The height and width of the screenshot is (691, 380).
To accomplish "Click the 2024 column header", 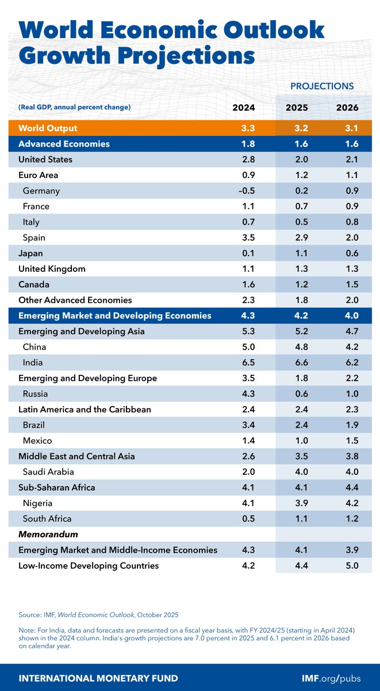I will click(243, 108).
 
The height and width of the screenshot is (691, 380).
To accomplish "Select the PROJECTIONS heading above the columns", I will click(321, 86).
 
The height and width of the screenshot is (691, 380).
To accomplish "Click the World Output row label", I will click(48, 128).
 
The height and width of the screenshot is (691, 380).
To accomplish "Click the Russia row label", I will click(35, 394).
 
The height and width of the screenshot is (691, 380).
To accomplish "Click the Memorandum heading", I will click(48, 534).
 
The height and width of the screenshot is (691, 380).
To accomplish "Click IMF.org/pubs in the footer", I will click(331, 678).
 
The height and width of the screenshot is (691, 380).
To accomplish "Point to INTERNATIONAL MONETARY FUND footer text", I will click(98, 678).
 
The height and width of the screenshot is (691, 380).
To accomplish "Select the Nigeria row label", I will click(39, 503).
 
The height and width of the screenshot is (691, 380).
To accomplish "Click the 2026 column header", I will click(348, 108).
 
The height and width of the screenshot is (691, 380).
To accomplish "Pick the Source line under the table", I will click(98, 614).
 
